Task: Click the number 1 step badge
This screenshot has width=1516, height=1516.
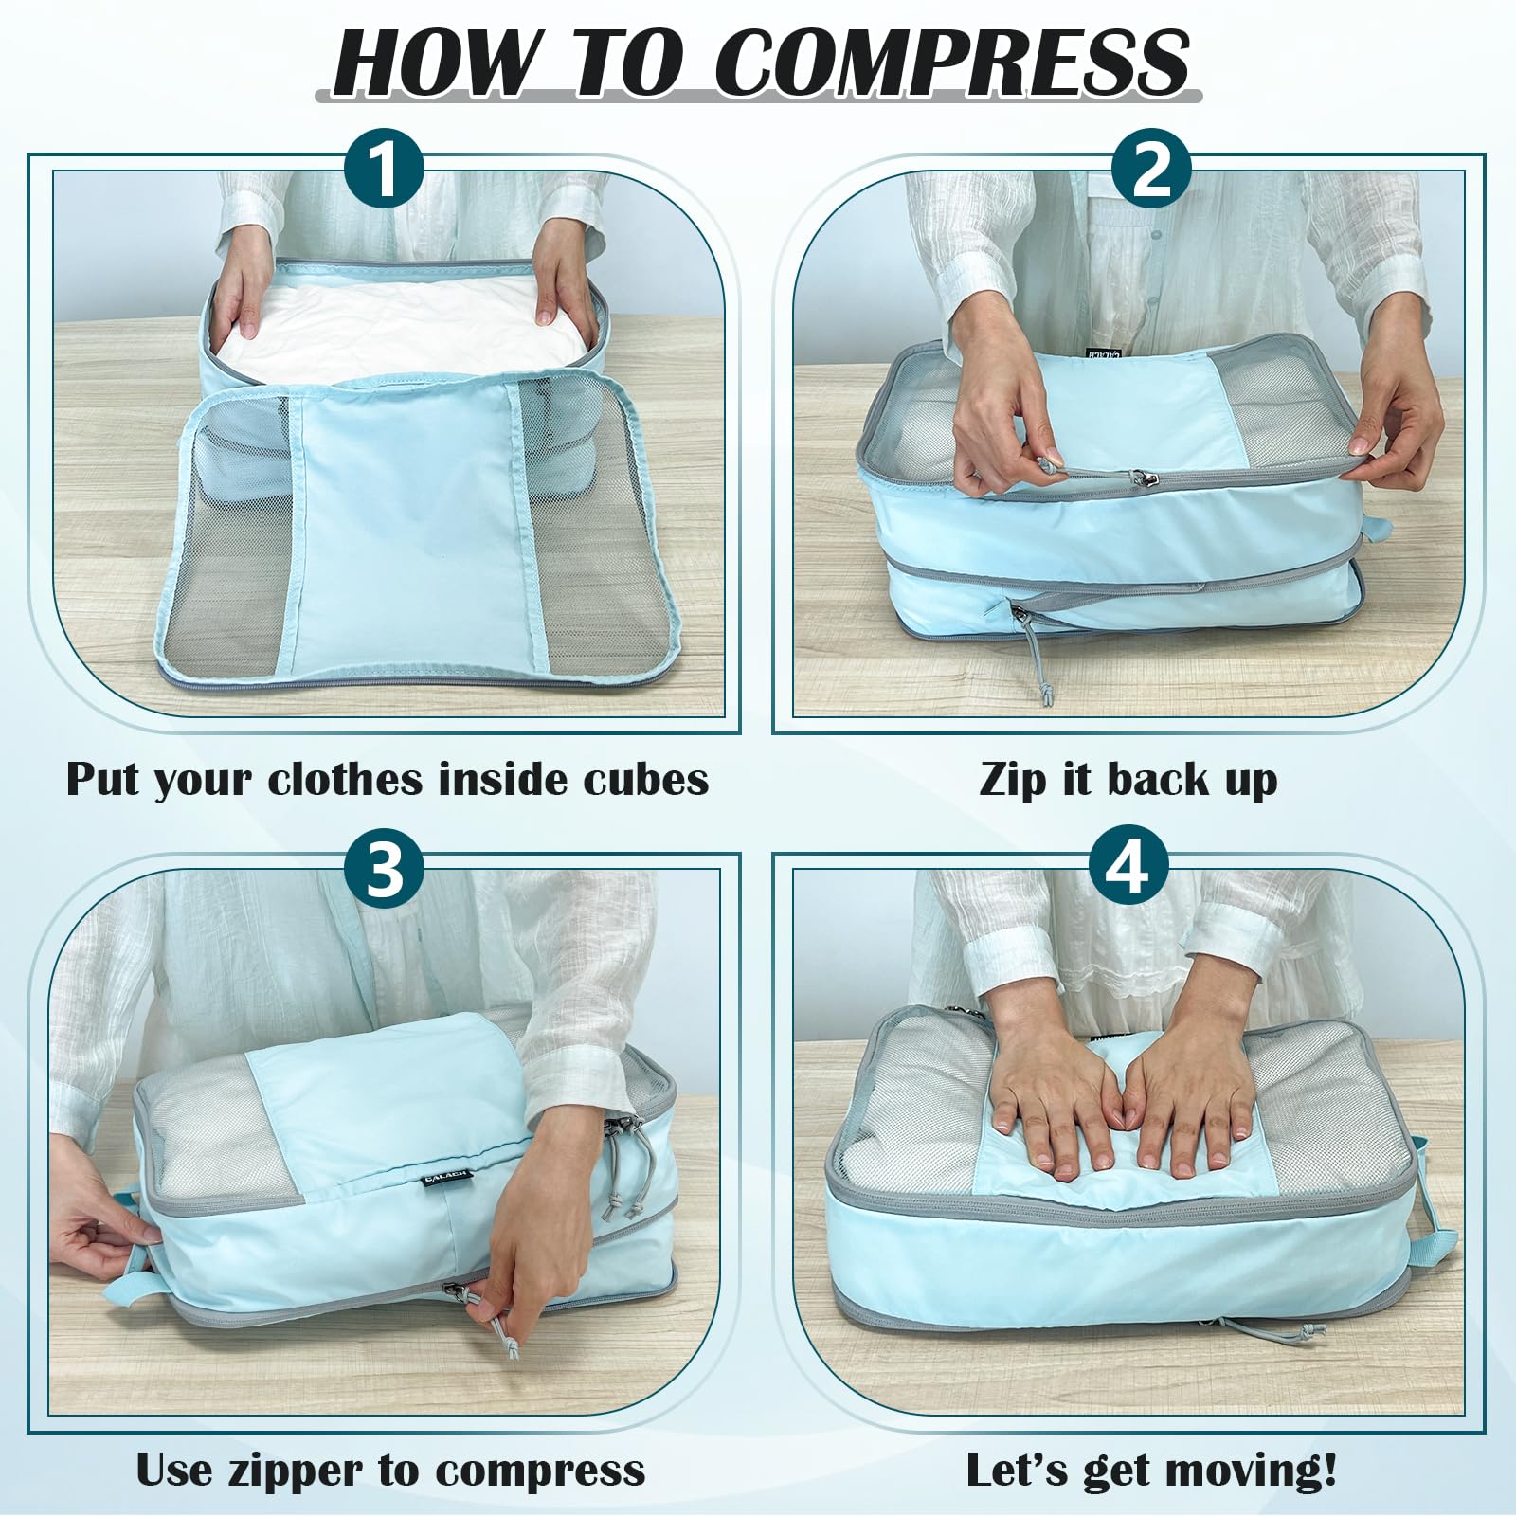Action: pos(384,171)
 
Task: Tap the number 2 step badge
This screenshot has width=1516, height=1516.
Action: pos(1151,171)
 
